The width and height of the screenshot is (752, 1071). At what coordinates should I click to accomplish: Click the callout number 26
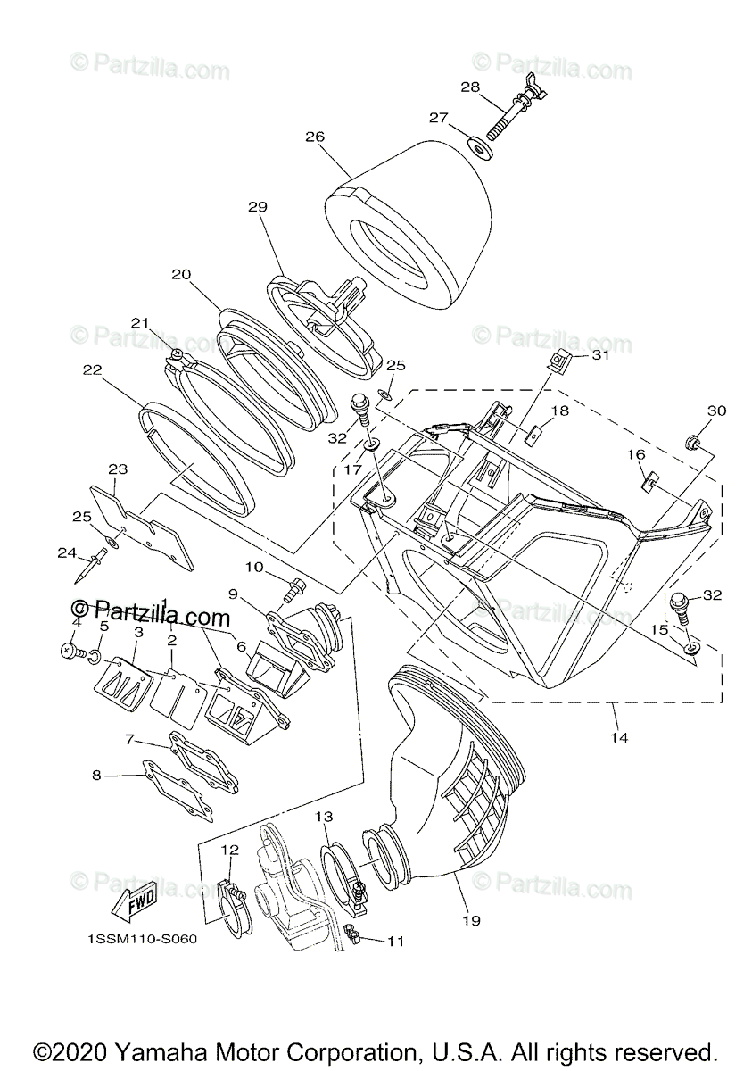[314, 137]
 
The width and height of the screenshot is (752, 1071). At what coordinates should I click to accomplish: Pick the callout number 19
[472, 920]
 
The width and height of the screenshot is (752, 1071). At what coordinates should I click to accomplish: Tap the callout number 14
[619, 737]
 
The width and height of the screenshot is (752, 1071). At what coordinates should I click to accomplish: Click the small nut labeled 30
[691, 440]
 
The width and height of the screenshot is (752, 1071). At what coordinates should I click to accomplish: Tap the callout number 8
[96, 776]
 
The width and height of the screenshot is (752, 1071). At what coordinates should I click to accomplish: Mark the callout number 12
[229, 849]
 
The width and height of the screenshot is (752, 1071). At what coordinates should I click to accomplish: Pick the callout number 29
[258, 206]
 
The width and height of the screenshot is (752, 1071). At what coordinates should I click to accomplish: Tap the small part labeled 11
[351, 936]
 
